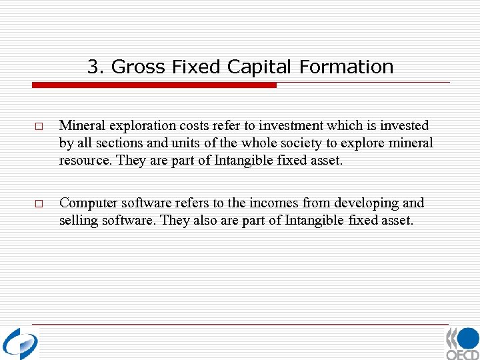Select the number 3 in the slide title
[92, 67]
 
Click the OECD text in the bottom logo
[463, 354]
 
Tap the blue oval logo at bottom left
[20, 344]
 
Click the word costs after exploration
[187, 126]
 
